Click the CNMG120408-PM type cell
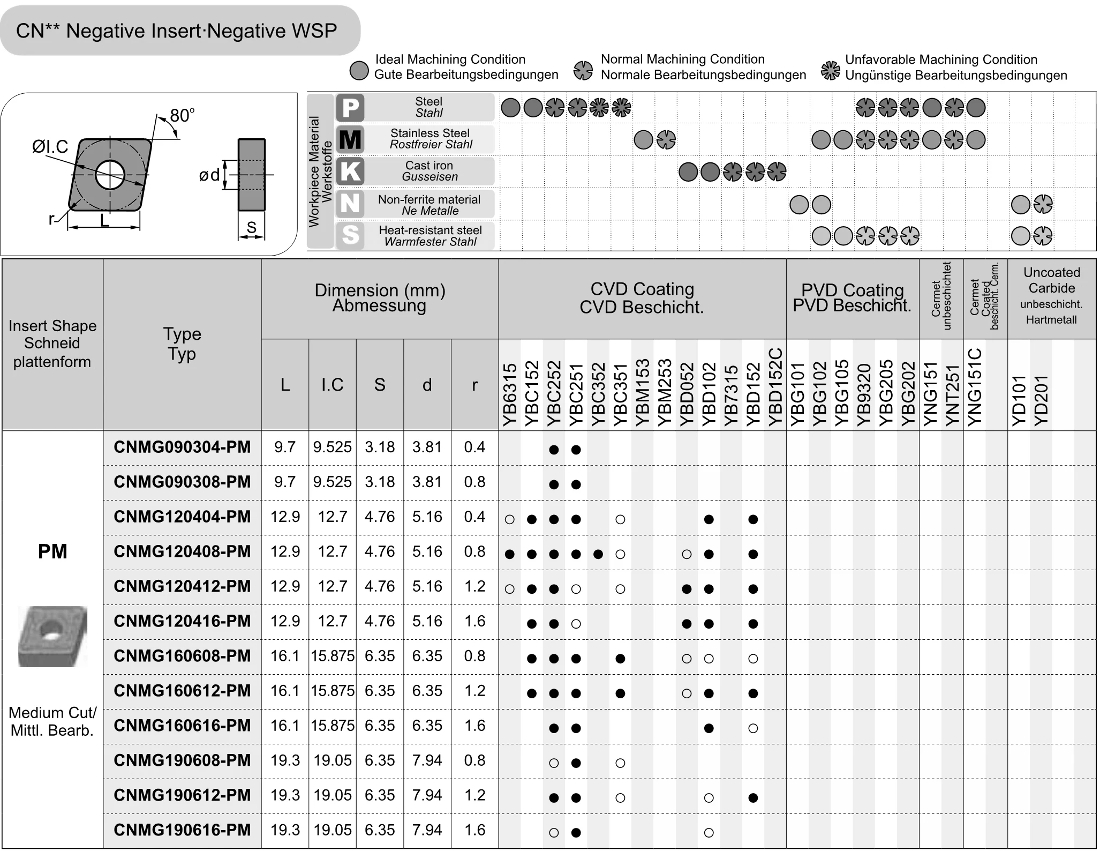pyautogui.click(x=182, y=551)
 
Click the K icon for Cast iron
pyautogui.click(x=350, y=171)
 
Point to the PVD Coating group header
pyautogui.click(x=852, y=298)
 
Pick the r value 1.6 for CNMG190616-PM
pyautogui.click(x=474, y=830)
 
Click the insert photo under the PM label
pyautogui.click(x=52, y=636)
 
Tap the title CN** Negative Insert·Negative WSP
pyautogui.click(x=177, y=31)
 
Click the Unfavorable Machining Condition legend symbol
pyautogui.click(x=830, y=70)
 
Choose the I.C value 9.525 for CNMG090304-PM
pyautogui.click(x=332, y=447)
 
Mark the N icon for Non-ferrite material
pyautogui.click(x=350, y=204)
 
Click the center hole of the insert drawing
pyautogui.click(x=110, y=175)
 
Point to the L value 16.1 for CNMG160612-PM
pyautogui.click(x=285, y=691)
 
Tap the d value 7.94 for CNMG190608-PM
pyautogui.click(x=427, y=760)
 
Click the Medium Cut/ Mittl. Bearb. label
pyautogui.click(x=52, y=721)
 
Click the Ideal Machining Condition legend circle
pyautogui.click(x=359, y=70)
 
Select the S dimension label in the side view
pyautogui.click(x=251, y=228)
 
